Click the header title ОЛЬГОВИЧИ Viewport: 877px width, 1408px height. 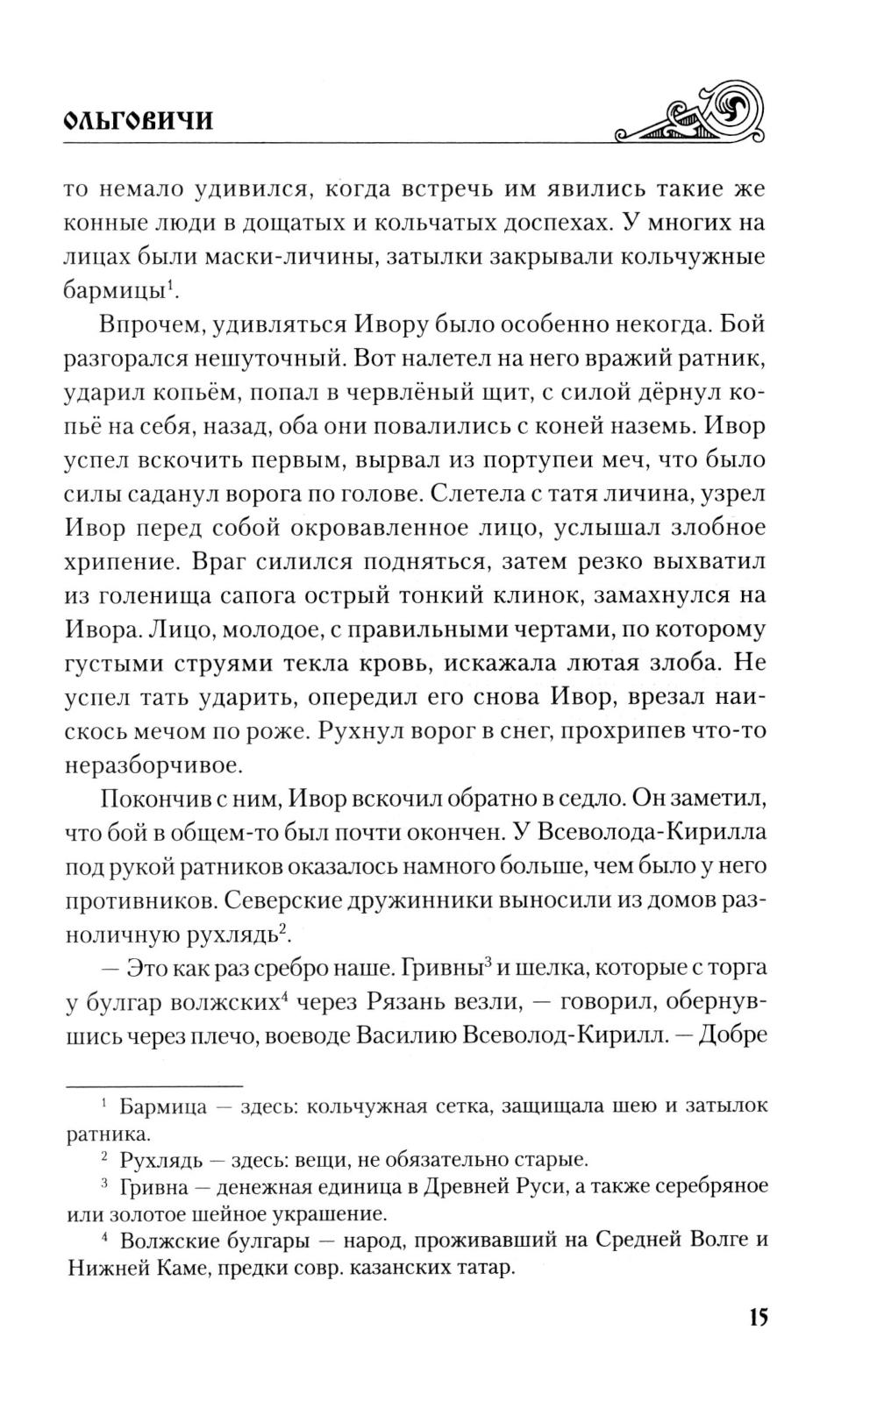point(139,121)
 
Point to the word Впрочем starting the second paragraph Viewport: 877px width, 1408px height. point(151,324)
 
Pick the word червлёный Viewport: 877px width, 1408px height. point(538,393)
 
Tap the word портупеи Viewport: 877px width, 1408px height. point(466,460)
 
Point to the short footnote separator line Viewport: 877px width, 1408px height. point(153,1084)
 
